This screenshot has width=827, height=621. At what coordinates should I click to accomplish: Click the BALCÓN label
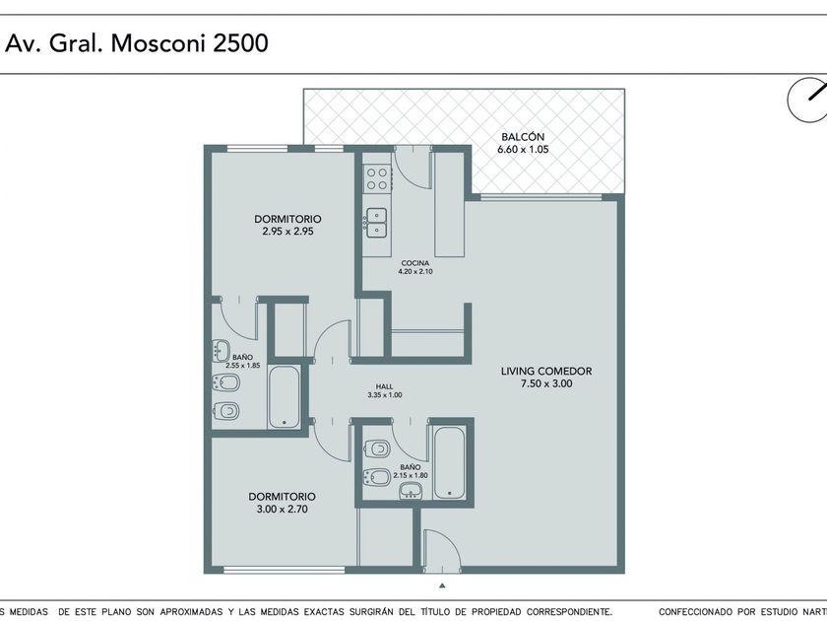(x=523, y=137)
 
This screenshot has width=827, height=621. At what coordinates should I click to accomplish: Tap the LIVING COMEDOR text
(x=546, y=372)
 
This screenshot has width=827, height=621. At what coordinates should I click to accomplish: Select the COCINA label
(x=415, y=263)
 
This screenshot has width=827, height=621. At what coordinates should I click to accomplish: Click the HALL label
(x=385, y=386)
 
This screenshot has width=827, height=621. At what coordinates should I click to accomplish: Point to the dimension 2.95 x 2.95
(x=287, y=231)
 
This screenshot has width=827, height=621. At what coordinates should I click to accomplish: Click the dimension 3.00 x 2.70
(x=283, y=509)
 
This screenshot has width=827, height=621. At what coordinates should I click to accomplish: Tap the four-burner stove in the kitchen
(x=377, y=178)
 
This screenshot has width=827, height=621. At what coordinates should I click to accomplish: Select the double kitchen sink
(x=376, y=223)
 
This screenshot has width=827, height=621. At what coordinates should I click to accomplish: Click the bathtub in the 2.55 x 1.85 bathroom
(x=284, y=396)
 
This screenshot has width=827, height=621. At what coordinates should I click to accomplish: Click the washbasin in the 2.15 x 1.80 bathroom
(x=411, y=492)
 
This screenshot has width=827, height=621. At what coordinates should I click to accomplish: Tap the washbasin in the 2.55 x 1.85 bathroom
(x=222, y=351)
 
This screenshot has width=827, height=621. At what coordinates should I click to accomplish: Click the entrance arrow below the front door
(x=442, y=586)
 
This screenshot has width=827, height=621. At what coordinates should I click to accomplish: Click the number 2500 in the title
(x=240, y=42)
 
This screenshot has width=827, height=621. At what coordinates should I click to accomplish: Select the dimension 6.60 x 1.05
(x=523, y=150)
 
